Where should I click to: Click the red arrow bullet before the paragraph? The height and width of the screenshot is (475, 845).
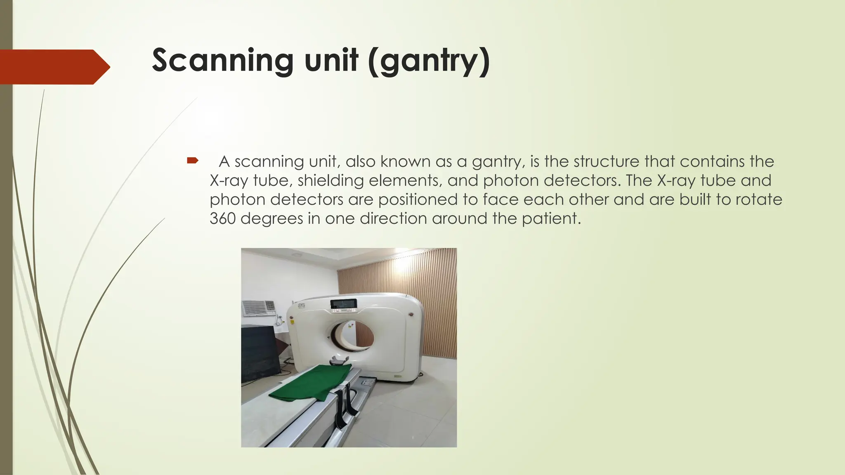click(x=192, y=160)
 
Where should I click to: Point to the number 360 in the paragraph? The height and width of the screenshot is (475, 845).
click(x=222, y=219)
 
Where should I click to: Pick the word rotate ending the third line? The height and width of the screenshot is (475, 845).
click(x=758, y=200)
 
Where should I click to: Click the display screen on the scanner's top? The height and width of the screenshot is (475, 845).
click(x=343, y=304)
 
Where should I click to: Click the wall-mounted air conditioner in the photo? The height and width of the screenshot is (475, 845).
click(x=258, y=308)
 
